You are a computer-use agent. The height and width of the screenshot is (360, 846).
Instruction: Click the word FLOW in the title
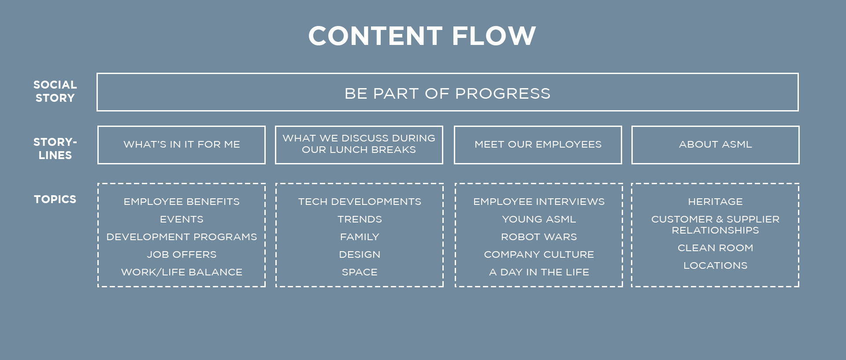pyautogui.click(x=493, y=36)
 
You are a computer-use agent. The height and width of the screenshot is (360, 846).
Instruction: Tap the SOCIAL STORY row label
pyautogui.click(x=55, y=91)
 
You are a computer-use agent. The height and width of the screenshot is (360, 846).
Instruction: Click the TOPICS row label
pyautogui.click(x=55, y=199)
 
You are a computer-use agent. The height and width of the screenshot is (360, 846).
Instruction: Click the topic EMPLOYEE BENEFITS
pyautogui.click(x=182, y=202)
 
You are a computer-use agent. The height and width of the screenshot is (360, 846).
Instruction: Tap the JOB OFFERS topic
pyautogui.click(x=182, y=255)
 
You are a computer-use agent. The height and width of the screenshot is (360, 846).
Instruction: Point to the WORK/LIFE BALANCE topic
pyautogui.click(x=182, y=272)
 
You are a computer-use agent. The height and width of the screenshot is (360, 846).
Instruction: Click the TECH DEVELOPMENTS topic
pyautogui.click(x=360, y=202)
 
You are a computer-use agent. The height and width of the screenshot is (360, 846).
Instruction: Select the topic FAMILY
pyautogui.click(x=360, y=237)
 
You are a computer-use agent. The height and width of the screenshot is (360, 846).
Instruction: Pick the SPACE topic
pyautogui.click(x=360, y=272)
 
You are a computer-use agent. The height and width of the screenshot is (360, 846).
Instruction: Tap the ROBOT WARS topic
pyautogui.click(x=539, y=237)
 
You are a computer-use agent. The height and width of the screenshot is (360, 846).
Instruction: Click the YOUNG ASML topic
pyautogui.click(x=539, y=219)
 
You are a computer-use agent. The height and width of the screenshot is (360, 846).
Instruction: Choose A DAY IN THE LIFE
pyautogui.click(x=539, y=272)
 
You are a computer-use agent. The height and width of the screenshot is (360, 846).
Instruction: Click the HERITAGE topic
pyautogui.click(x=716, y=202)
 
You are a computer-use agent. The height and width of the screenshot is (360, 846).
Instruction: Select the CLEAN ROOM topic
pyautogui.click(x=716, y=248)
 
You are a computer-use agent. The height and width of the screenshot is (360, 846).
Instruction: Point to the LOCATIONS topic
pyautogui.click(x=716, y=266)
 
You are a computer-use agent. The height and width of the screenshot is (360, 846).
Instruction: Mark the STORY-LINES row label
pyautogui.click(x=55, y=148)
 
